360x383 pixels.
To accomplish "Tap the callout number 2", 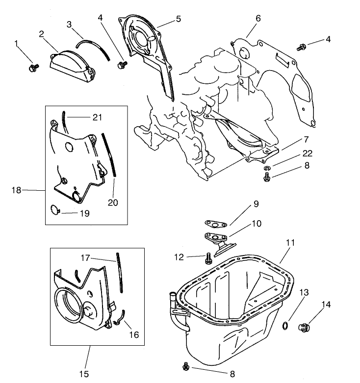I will [42, 34].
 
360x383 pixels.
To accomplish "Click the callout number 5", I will [178, 19].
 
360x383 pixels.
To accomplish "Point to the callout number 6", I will [258, 18].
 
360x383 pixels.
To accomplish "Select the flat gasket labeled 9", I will [215, 223].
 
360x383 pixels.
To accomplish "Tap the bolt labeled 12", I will [208, 256].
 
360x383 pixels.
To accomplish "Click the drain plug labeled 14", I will [304, 328].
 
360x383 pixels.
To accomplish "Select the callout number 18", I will [16, 190].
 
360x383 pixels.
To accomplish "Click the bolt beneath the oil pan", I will [186, 366].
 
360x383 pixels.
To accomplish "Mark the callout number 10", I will [256, 223].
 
